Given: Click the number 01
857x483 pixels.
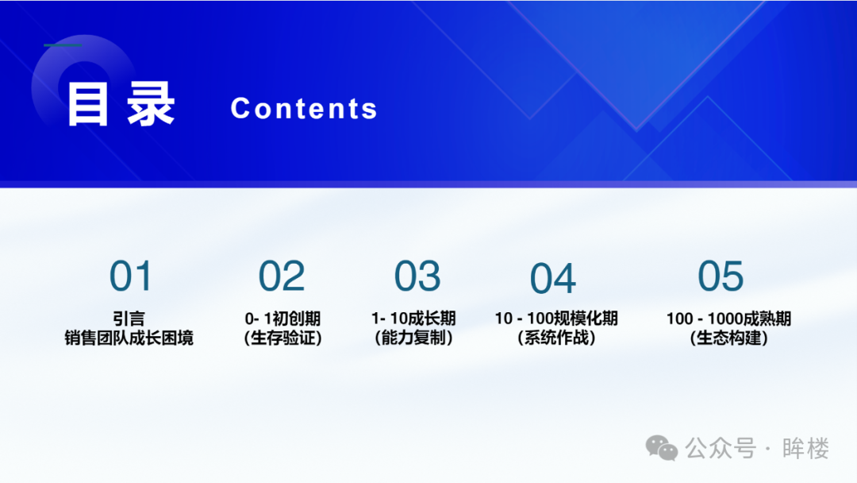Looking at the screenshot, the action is point(130,276).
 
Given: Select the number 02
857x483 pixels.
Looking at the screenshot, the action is point(282,276).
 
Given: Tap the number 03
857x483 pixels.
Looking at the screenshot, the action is point(417,276).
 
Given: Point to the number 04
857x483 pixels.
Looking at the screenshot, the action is point(552,278).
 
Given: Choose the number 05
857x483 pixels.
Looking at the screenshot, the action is point(721,276).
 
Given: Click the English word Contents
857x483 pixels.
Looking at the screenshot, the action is point(304,108).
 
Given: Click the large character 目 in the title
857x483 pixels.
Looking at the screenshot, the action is point(87,104).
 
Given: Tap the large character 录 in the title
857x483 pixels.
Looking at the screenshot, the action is point(150,104).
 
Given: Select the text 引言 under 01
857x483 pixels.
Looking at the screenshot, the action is point(129,319).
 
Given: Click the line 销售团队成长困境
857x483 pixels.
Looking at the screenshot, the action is point(129,338).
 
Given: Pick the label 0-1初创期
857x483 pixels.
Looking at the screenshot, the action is point(282,319).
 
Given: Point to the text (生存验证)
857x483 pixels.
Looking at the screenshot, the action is point(282,338).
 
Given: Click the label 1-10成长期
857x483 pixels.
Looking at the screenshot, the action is point(413,319).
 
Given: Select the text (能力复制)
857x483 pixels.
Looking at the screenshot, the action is point(413,338).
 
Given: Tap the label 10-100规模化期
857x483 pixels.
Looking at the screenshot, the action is point(556,319).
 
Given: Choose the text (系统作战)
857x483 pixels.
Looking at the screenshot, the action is point(556,338).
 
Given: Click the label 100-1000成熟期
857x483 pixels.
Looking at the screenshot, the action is point(728,319).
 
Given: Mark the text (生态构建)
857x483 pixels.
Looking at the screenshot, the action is point(728,338).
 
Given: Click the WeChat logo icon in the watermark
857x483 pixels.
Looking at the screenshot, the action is point(662,448).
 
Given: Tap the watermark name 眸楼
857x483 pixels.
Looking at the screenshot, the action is point(805,449).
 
